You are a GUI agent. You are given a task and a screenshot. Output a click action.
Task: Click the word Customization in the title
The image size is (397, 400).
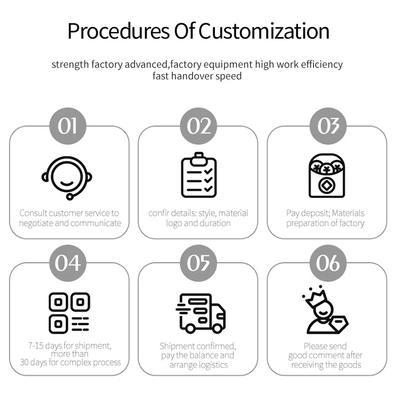pyautogui.click(x=264, y=31)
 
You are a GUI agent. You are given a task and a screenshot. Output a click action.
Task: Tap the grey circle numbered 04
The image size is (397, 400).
pyautogui.click(x=68, y=263)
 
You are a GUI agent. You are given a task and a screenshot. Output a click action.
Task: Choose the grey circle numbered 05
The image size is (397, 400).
pyautogui.click(x=198, y=263)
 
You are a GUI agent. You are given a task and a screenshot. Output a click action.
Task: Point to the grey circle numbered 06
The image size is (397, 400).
pyautogui.click(x=328, y=263)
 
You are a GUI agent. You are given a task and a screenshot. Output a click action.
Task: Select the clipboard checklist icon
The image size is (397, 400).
pyautogui.click(x=198, y=175)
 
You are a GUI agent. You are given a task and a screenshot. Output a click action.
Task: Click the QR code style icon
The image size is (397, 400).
pyautogui.click(x=69, y=312)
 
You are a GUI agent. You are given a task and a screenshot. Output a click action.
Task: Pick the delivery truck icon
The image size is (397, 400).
pyautogui.click(x=200, y=313)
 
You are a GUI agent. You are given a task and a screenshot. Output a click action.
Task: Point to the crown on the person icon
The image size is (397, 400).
pyautogui.click(x=314, y=295)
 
